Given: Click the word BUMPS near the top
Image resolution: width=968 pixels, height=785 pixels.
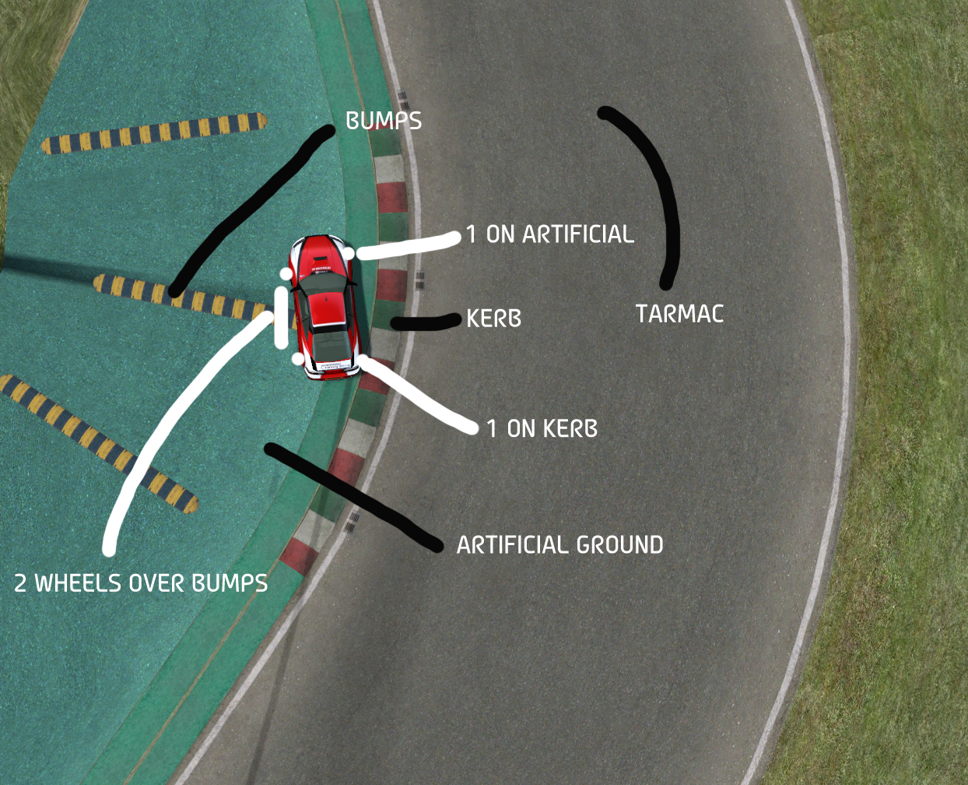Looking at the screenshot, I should point(384,121).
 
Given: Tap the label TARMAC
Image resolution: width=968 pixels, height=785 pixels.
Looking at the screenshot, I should point(679,314).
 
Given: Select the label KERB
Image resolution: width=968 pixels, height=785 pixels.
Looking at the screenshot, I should point(493,319).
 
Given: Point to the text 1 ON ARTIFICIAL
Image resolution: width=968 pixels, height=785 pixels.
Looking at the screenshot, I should point(549,234).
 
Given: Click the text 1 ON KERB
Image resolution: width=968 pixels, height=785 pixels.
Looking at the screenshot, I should point(542,428).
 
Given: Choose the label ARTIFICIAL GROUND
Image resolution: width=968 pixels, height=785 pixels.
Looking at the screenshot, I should point(559,544).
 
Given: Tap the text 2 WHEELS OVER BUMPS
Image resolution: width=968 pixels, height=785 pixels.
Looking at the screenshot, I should point(141,583).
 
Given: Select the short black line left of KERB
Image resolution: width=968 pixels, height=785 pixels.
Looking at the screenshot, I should point(425,322).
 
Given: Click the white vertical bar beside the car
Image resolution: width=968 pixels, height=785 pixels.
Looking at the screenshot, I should point(281,317).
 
